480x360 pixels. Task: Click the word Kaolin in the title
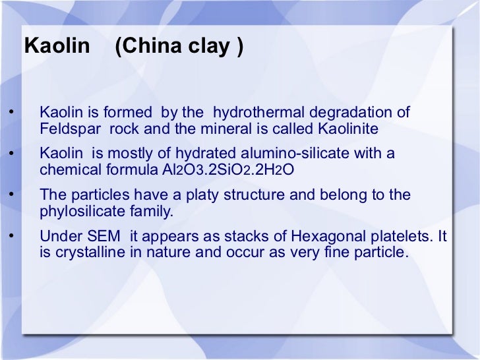tap(56, 46)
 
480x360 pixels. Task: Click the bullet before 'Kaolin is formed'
tap(9, 113)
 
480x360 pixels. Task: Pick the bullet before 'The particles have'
tap(9, 196)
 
